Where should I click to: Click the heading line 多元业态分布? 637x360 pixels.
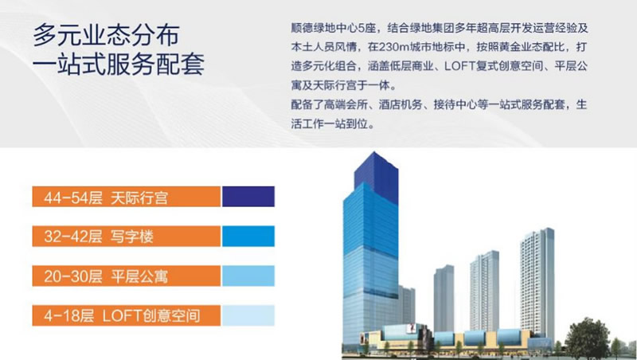tap(106, 35)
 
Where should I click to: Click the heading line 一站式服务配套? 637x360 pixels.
tap(118, 64)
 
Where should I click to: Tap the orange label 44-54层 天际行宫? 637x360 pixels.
tap(127, 197)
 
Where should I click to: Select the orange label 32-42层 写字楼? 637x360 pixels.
tap(127, 236)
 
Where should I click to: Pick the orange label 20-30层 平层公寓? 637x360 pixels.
tap(127, 276)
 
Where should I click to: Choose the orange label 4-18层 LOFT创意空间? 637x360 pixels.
tap(127, 315)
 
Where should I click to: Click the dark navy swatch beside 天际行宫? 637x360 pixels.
tap(248, 197)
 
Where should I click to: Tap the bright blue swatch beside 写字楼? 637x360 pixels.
tap(248, 236)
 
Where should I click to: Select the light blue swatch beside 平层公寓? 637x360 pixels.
tap(248, 276)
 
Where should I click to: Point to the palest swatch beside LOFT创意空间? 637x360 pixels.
tap(248, 315)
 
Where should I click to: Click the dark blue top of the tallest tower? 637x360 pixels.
tap(376, 174)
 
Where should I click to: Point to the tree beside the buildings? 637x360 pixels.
tap(588, 338)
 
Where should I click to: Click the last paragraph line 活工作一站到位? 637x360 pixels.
tap(332, 123)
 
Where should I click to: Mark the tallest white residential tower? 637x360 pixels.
tap(537, 284)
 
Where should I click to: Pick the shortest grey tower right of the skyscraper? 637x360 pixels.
tap(444, 298)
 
